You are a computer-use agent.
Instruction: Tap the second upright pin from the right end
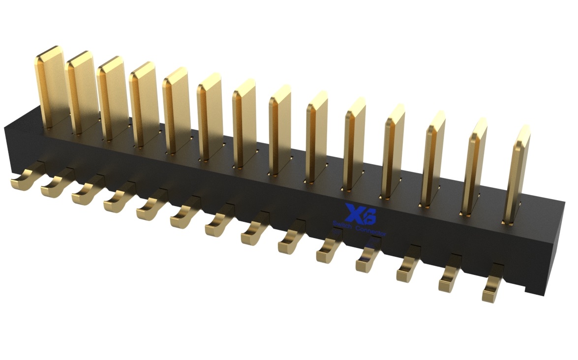pyautogui.click(x=474, y=167)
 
